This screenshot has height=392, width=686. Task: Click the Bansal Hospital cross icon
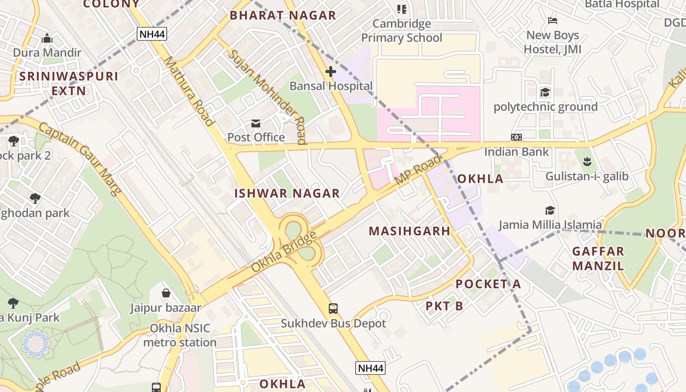click(331, 72)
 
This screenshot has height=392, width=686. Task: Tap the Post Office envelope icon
click(256, 123)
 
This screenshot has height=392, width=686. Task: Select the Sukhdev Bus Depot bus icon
click(333, 309)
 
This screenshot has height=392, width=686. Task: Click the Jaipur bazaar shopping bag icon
click(166, 293)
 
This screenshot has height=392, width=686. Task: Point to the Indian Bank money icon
click(516, 137)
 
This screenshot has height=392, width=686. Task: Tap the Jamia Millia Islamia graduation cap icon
click(550, 210)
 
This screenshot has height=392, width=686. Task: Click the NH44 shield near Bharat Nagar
click(152, 34)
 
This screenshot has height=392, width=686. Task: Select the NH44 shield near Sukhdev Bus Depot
click(370, 368)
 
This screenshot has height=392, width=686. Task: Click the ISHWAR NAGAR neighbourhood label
click(287, 193)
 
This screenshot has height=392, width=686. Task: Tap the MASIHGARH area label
click(409, 231)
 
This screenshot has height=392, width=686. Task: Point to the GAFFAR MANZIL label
click(598, 259)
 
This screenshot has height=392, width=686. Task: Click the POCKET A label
click(488, 284)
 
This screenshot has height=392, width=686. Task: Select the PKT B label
click(444, 306)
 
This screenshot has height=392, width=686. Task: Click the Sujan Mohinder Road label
click(268, 96)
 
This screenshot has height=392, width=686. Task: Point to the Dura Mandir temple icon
click(47, 38)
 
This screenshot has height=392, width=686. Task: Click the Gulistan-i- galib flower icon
click(587, 160)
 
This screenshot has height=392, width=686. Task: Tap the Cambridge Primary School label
click(402, 30)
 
